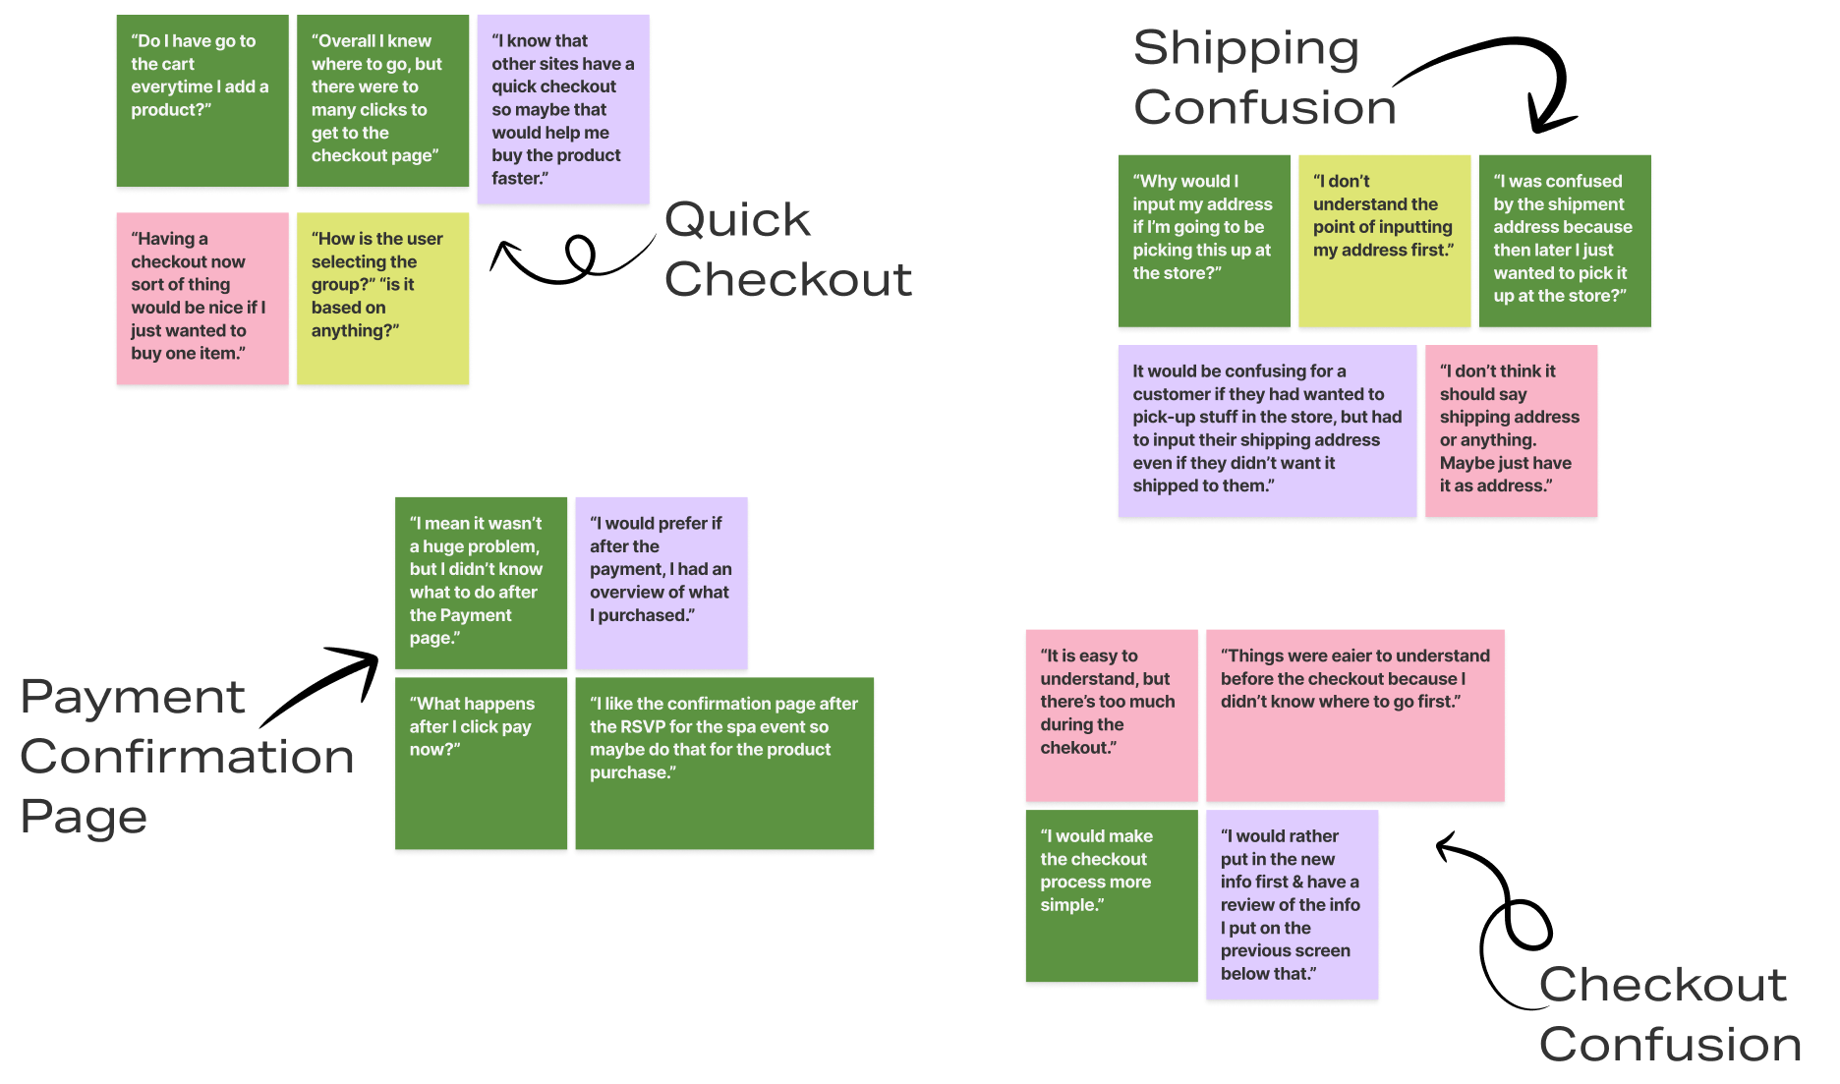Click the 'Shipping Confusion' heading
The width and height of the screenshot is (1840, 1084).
point(1264,78)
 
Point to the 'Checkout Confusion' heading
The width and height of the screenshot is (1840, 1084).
point(1669,1013)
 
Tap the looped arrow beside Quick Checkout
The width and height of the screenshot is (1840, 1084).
point(570,259)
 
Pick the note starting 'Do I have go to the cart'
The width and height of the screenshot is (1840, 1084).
point(202,100)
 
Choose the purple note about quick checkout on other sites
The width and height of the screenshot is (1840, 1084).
point(563,109)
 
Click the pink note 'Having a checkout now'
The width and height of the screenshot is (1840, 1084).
point(202,298)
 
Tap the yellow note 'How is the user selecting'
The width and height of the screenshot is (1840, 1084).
point(382,298)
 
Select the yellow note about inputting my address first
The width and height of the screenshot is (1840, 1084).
point(1384,240)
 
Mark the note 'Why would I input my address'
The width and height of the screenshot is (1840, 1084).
point(1204,240)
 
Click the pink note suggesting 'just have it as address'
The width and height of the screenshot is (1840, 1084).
point(1511,430)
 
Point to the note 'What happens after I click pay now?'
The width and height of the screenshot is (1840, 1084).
point(481,763)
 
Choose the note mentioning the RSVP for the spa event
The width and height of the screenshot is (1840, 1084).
point(724,763)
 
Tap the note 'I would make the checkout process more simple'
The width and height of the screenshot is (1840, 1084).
point(1112,895)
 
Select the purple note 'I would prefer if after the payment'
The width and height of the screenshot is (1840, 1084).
point(661,583)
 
